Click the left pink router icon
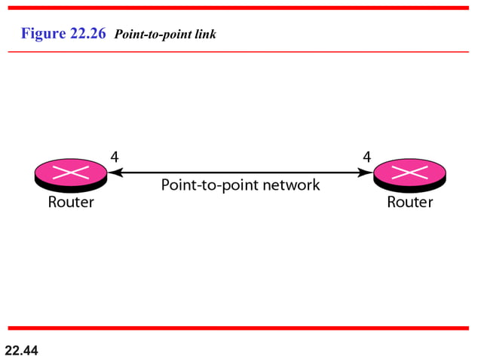(x=71, y=174)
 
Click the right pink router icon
(x=409, y=174)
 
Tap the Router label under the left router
(x=71, y=202)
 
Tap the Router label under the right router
(x=409, y=202)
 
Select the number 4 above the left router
(x=114, y=157)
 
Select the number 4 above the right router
(x=366, y=157)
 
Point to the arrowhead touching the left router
(x=113, y=172)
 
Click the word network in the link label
(x=291, y=185)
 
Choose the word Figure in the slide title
(x=44, y=34)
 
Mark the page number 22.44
(x=21, y=350)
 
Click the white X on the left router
(x=71, y=171)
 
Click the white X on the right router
(x=409, y=171)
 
